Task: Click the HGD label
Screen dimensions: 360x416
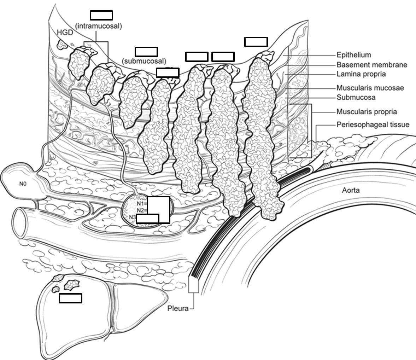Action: click(65, 33)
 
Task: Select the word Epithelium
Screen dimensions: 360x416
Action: click(353, 55)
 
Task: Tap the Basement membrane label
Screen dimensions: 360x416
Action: click(371, 65)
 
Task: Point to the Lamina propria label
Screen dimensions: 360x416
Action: click(361, 74)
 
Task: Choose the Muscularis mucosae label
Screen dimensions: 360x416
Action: click(370, 88)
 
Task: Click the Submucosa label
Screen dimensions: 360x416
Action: click(356, 97)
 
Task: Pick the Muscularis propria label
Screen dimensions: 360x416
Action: click(366, 112)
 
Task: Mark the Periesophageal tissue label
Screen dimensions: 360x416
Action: click(373, 124)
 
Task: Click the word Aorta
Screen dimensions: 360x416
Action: click(351, 190)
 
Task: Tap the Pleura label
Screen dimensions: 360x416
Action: click(178, 308)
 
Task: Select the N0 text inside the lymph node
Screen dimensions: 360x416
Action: click(23, 184)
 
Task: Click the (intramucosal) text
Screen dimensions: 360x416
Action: click(99, 26)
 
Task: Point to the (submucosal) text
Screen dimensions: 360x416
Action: click(144, 61)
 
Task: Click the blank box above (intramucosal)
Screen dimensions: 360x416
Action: click(101, 15)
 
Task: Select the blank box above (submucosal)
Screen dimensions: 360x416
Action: click(146, 52)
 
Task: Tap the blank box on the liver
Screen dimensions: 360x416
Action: click(70, 298)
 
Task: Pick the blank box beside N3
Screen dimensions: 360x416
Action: click(147, 219)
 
